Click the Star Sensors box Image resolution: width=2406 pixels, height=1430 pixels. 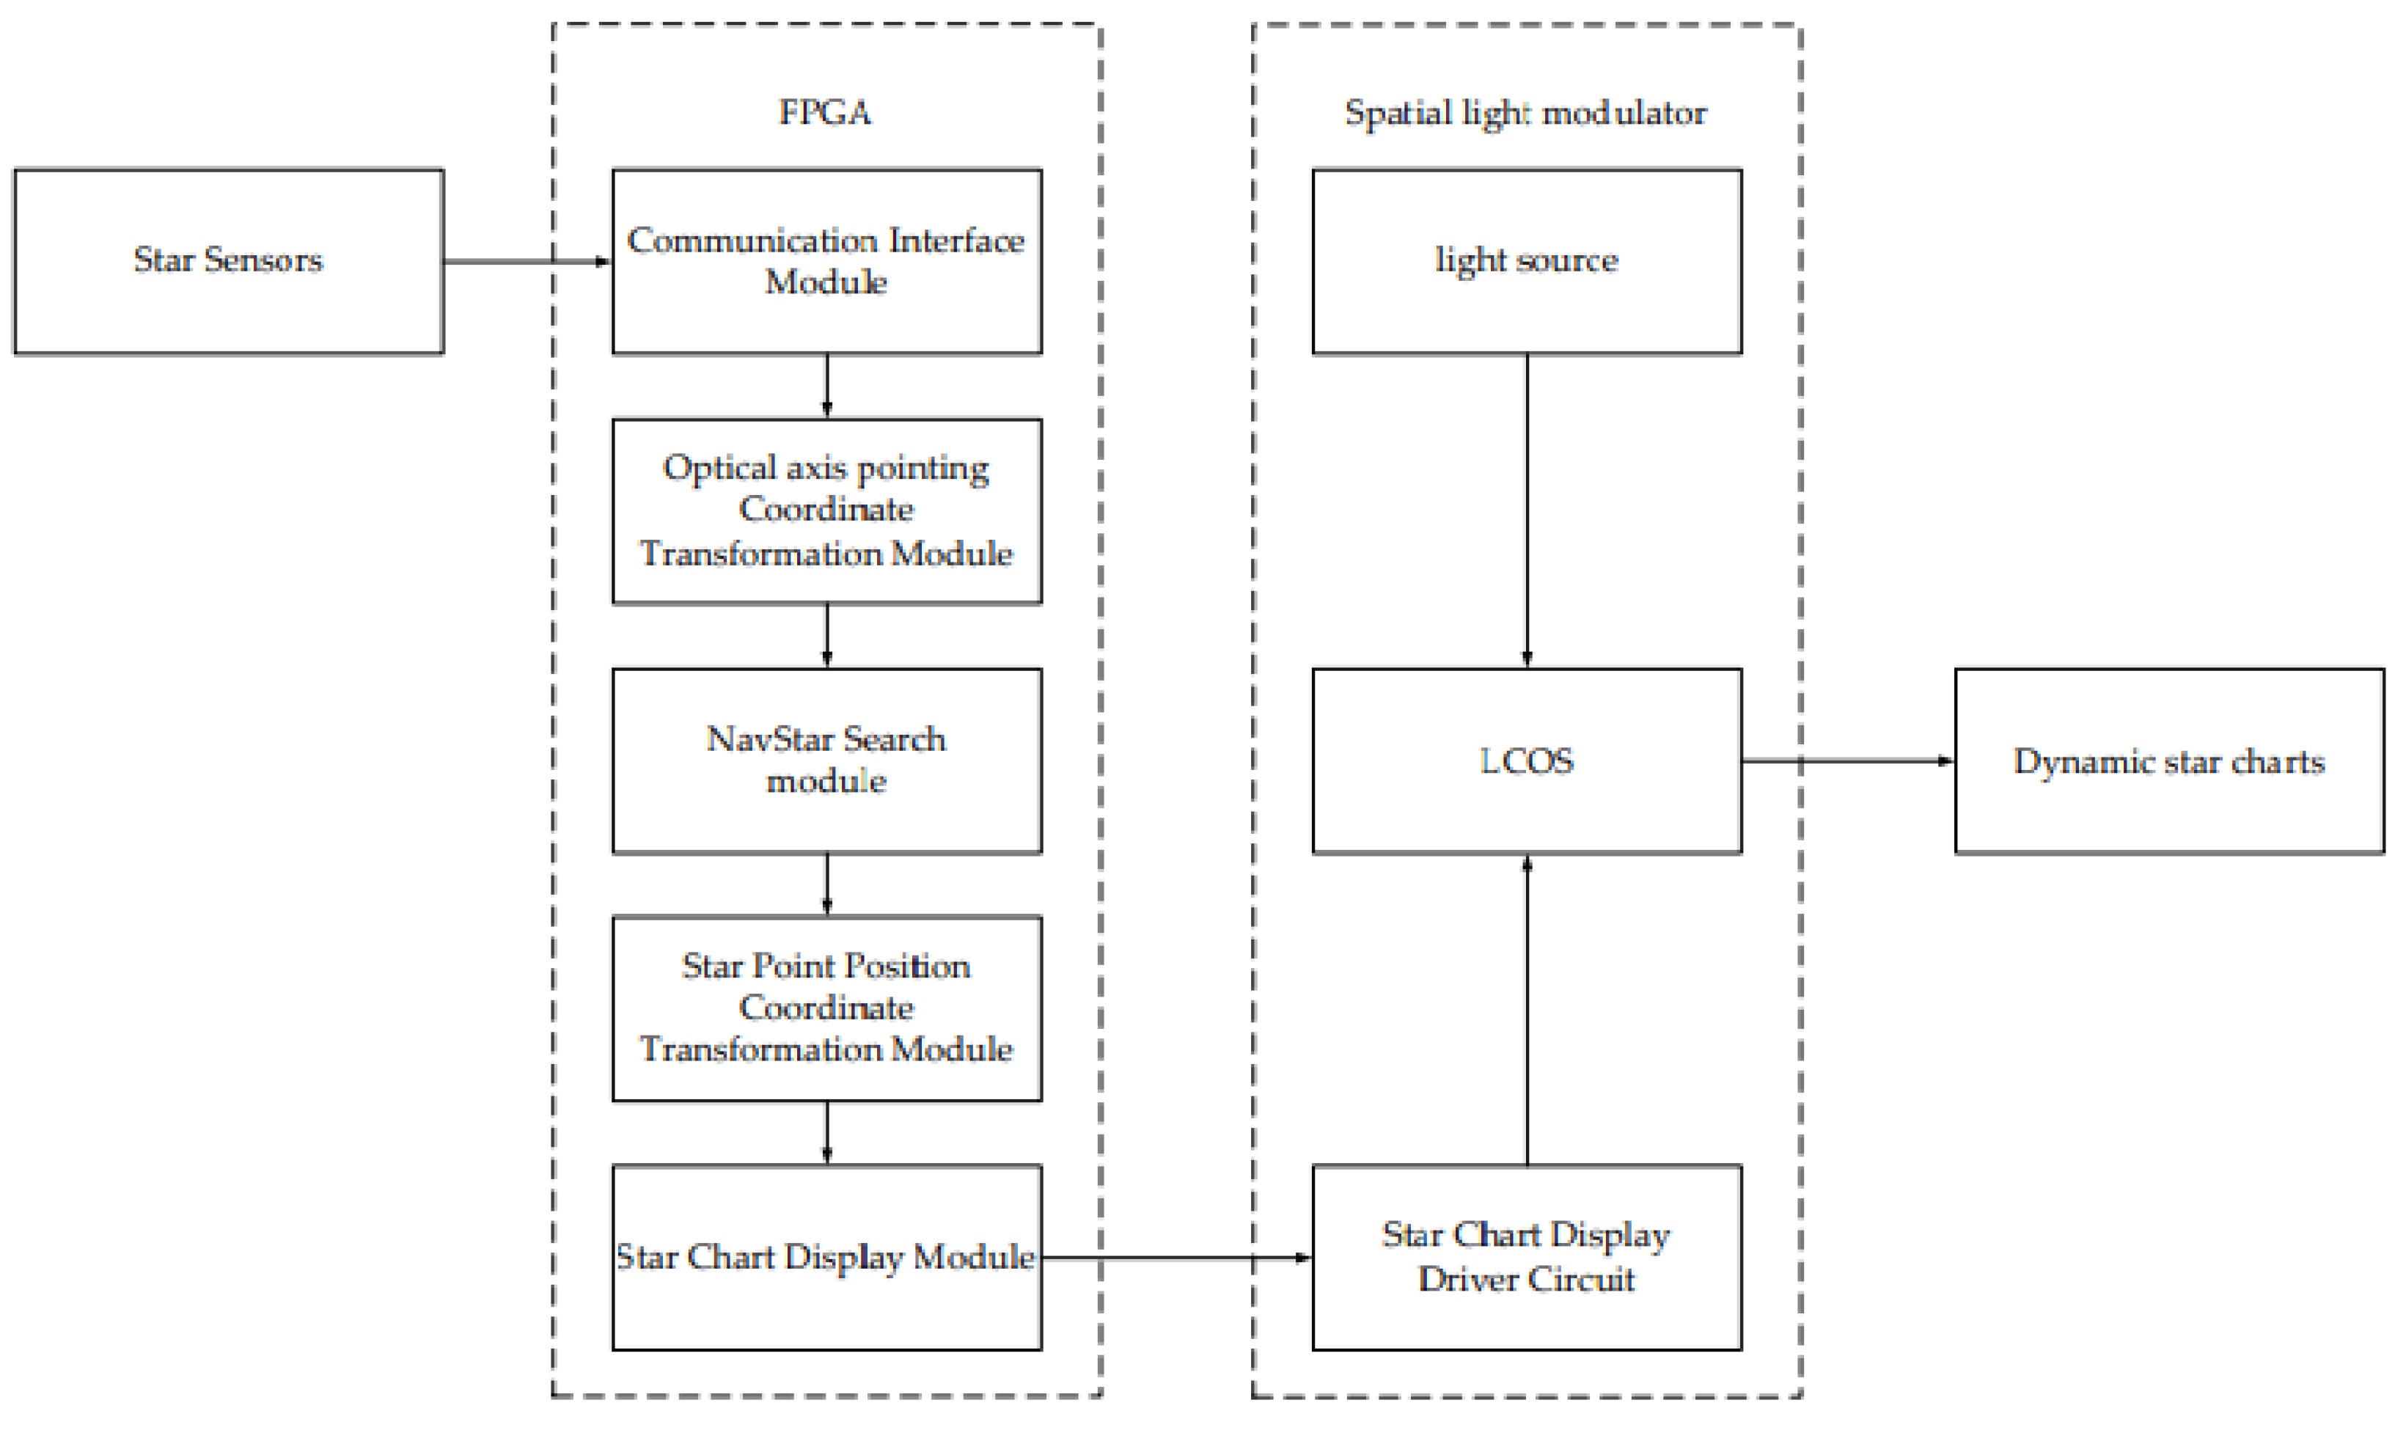coord(228,261)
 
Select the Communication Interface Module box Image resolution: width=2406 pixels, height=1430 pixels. coord(826,261)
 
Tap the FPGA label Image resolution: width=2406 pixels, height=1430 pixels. coord(825,113)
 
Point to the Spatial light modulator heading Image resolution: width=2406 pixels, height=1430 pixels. coord(1525,113)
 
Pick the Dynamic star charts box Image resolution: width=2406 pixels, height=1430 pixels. coord(2169,761)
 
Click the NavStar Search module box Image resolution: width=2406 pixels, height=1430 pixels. coord(826,761)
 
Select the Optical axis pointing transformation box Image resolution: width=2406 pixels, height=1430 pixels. coord(826,510)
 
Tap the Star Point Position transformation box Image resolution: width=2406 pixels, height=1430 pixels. coord(826,1008)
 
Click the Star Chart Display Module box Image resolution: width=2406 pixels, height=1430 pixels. coord(826,1258)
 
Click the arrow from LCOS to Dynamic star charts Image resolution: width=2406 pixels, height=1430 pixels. coord(1847,761)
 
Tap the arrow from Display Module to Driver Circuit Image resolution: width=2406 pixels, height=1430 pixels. coord(1176,1258)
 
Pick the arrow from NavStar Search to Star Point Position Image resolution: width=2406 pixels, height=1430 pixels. coord(826,884)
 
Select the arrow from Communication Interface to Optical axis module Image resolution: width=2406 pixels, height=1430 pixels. coord(826,386)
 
